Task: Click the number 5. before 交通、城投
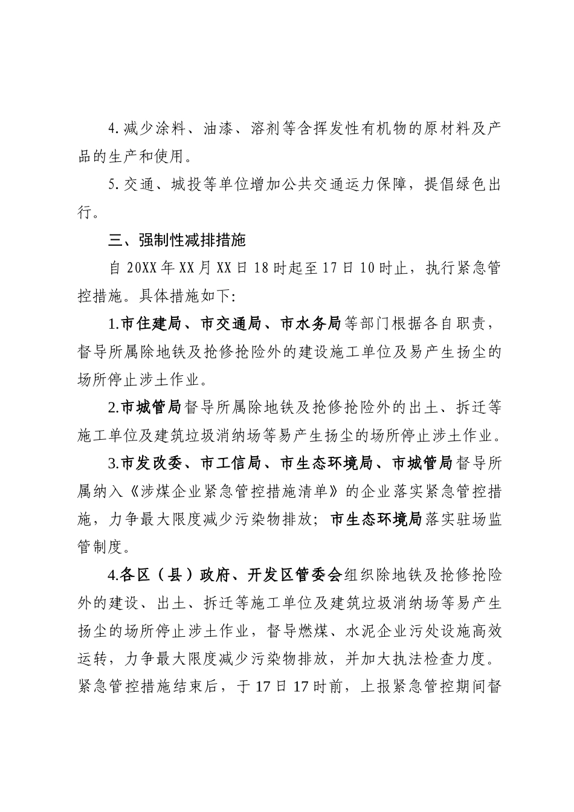point(113,185)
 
